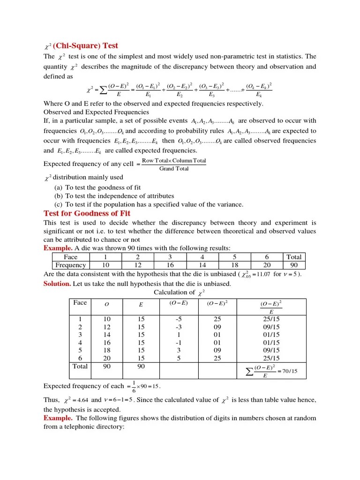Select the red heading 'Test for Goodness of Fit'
pyautogui.click(x=87, y=213)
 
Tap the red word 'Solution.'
pyautogui.click(x=57, y=284)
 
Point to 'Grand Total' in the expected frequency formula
pyautogui.click(x=174, y=169)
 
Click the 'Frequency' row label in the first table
pyautogui.click(x=71, y=265)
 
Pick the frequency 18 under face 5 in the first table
pyautogui.click(x=235, y=265)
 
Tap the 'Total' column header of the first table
pyautogui.click(x=294, y=257)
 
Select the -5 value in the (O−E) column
pyautogui.click(x=178, y=319)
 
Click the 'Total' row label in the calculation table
pyautogui.click(x=80, y=366)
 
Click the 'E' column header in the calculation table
pyautogui.click(x=141, y=304)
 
